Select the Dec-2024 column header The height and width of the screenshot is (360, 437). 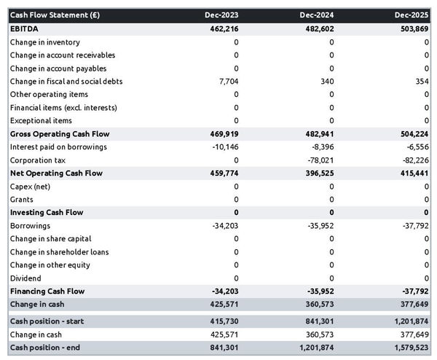[x=317, y=15]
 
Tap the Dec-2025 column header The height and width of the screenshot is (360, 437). [x=412, y=15]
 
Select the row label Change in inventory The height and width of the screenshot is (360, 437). [x=45, y=42]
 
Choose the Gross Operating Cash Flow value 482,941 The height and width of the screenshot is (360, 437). [x=317, y=134]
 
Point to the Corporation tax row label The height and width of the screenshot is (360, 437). [x=38, y=160]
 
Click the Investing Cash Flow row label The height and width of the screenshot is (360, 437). [x=47, y=213]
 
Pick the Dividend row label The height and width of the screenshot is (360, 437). [x=25, y=278]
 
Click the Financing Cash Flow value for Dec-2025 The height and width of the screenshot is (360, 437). [x=414, y=291]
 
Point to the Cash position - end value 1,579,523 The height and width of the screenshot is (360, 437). [x=409, y=348]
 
